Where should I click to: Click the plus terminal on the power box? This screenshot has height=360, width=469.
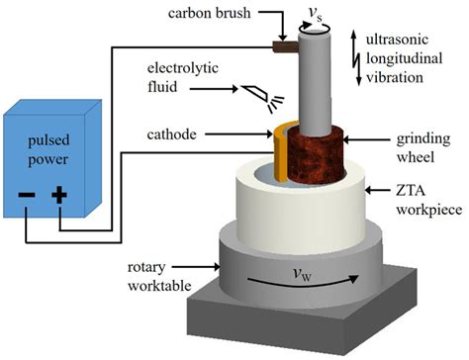point(59,196)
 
